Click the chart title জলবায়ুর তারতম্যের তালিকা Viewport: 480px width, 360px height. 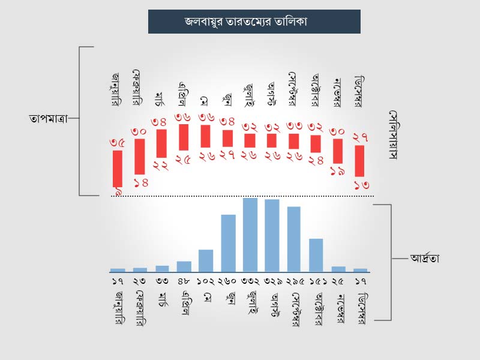tap(254, 22)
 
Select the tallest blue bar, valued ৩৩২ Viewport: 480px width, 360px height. tap(250, 235)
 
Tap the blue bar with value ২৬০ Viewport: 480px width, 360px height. tap(228, 242)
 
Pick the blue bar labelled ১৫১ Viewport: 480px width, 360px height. tap(316, 255)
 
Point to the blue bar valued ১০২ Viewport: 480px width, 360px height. tap(206, 260)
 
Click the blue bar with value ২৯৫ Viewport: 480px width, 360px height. tap(294, 239)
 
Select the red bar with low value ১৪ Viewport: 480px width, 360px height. tap(139, 157)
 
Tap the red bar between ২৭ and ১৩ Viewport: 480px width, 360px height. tap(360, 160)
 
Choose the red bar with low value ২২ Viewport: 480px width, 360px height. tap(161, 143)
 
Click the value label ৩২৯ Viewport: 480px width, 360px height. tap(272, 281)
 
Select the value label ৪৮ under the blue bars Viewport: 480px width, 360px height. tap(184, 281)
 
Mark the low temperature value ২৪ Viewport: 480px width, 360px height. tap(316, 161)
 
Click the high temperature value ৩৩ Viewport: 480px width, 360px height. tap(294, 126)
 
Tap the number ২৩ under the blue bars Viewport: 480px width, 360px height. tap(140, 281)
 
